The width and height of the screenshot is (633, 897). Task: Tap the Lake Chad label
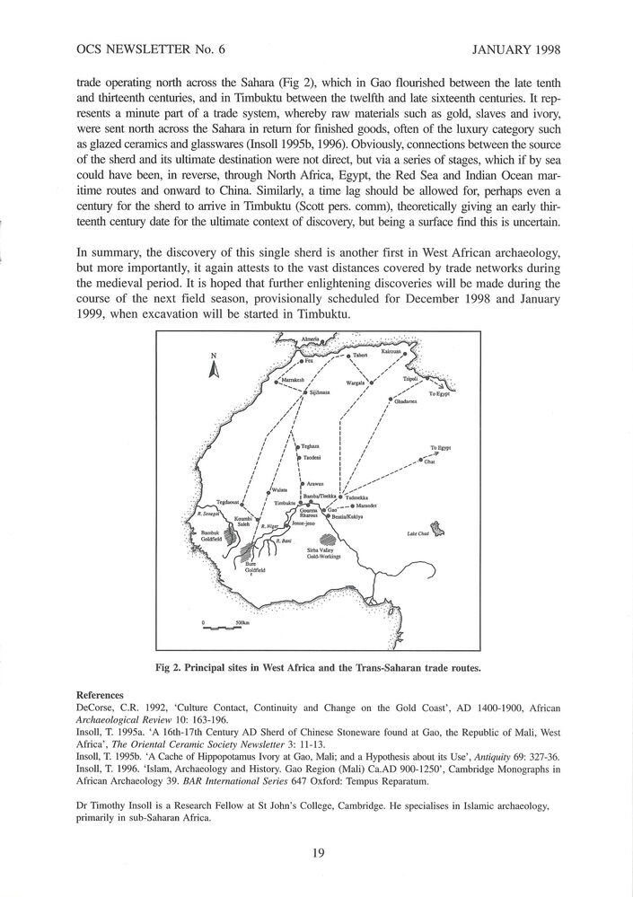pos(418,533)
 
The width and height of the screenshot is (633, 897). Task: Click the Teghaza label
pos(311,445)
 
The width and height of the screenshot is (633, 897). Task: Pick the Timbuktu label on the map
pos(285,503)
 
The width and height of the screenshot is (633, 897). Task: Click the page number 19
pos(317,853)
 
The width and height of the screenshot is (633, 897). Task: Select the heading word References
pos(99,695)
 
